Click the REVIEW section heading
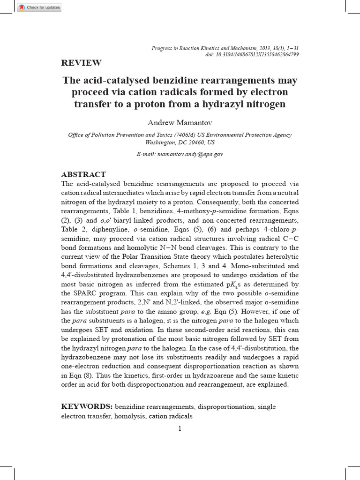pos(81,63)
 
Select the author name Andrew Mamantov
pos(180,122)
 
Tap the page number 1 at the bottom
pos(180,428)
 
